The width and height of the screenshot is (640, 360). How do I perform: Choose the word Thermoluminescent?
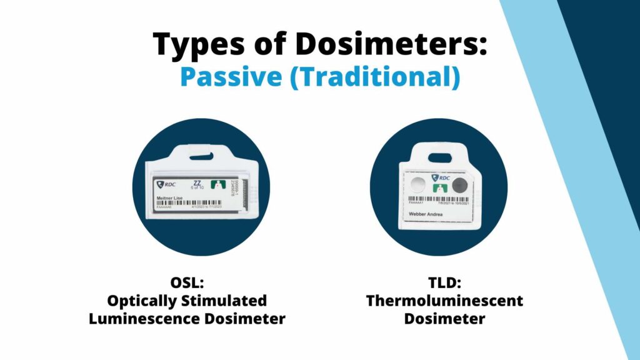click(444, 301)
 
